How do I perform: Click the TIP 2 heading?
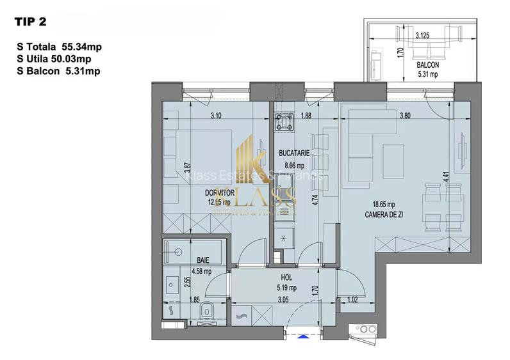(30, 22)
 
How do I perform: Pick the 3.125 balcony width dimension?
(422, 36)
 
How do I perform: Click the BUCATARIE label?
(294, 153)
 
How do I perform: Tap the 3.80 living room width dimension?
(405, 116)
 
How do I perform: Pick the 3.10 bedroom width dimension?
(216, 116)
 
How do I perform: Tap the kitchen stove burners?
(283, 121)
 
